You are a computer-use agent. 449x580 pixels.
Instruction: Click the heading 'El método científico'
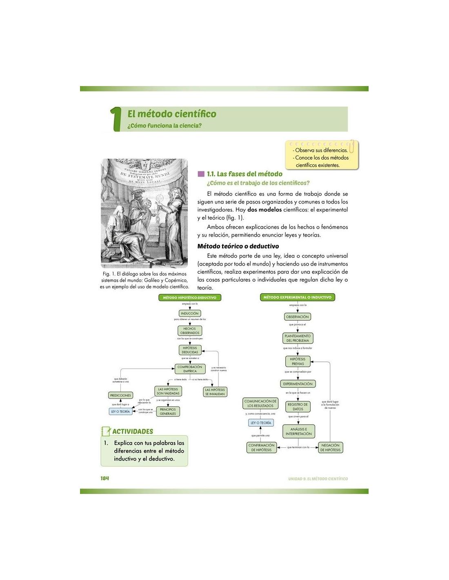pyautogui.click(x=171, y=114)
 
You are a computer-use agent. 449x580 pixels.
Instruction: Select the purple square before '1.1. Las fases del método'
pyautogui.click(x=201, y=174)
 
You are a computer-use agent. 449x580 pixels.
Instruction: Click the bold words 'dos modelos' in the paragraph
pyautogui.click(x=264, y=210)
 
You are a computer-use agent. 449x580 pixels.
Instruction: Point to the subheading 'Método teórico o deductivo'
pyautogui.click(x=238, y=246)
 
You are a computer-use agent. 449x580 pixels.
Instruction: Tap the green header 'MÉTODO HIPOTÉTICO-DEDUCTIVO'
pyautogui.click(x=189, y=298)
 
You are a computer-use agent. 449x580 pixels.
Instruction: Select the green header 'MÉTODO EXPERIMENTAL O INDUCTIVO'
pyautogui.click(x=297, y=297)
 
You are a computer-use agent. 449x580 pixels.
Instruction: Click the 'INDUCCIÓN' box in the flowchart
pyautogui.click(x=189, y=314)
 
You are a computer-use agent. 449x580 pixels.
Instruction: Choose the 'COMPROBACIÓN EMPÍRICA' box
pyautogui.click(x=190, y=369)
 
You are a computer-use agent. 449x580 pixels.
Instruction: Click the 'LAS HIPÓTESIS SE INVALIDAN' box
pyautogui.click(x=215, y=392)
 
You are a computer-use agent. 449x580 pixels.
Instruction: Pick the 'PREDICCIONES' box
pyautogui.click(x=120, y=395)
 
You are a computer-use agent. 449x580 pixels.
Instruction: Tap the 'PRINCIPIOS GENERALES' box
pyautogui.click(x=168, y=412)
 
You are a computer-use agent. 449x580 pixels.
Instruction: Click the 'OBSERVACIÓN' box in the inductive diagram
pyautogui.click(x=297, y=317)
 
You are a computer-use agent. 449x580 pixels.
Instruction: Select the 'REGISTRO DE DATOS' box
pyautogui.click(x=298, y=407)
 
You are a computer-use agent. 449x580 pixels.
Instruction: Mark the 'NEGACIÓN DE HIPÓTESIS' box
pyautogui.click(x=330, y=447)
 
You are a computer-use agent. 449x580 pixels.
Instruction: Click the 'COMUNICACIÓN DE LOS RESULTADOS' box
pyautogui.click(x=260, y=403)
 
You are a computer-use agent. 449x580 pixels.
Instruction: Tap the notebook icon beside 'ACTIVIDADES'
pyautogui.click(x=106, y=431)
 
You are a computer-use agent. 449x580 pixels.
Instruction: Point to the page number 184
pyautogui.click(x=105, y=478)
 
